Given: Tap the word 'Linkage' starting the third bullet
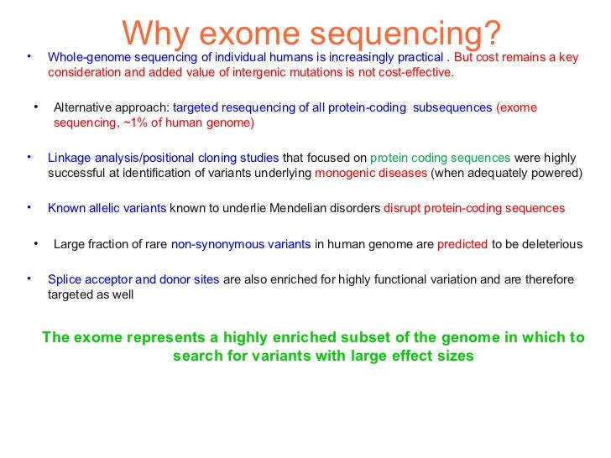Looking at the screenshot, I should click(69, 158).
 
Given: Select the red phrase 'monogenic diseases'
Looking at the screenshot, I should click(370, 173).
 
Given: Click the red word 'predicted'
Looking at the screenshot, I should click(462, 244).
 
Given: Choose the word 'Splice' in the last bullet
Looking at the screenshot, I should click(65, 279).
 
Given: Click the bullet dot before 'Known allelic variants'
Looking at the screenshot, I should click(28, 206).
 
